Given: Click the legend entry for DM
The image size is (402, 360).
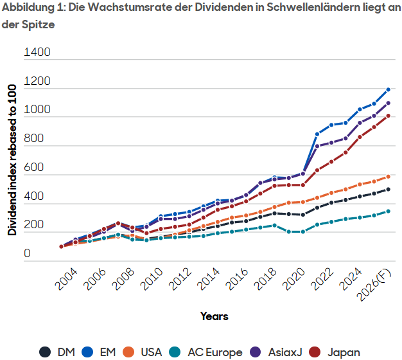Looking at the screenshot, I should tap(57, 352).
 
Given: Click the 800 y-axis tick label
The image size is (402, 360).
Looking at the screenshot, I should tap(37, 138).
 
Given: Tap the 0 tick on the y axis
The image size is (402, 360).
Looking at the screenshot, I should tap(27, 253).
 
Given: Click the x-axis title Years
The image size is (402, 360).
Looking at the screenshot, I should tap(214, 316).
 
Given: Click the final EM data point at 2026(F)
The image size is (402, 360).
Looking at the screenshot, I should tap(388, 89).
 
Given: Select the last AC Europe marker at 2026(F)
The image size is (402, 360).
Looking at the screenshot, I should tap(388, 211).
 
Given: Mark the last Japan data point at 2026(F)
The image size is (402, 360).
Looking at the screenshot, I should tap(388, 116).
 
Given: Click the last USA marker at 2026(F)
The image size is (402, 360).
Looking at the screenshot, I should tap(388, 176).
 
